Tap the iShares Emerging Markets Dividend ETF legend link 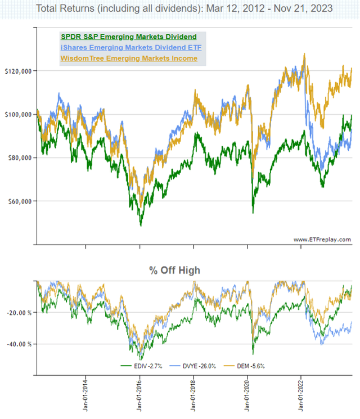pos(130,47)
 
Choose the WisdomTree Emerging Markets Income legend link pos(128,58)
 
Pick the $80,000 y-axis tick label pos(18,158)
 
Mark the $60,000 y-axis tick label pos(18,201)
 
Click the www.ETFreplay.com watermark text pos(322,240)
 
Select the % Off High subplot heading pos(174,271)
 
